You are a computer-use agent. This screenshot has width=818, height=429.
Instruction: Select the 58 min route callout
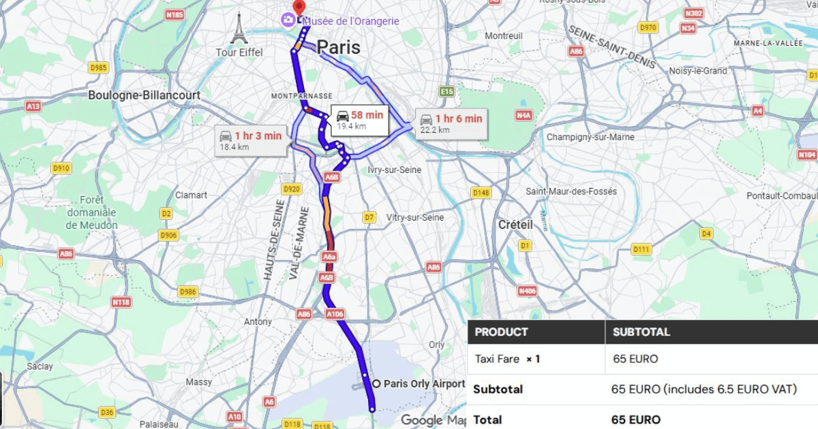click(360, 119)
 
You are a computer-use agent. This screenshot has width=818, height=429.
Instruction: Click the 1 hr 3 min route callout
click(250, 140)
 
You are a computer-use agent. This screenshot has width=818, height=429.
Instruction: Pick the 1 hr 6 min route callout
click(451, 123)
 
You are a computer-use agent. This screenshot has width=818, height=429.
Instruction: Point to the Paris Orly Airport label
click(423, 383)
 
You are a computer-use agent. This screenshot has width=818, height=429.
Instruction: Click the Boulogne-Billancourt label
click(144, 95)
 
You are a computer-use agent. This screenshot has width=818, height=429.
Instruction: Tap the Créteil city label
click(515, 224)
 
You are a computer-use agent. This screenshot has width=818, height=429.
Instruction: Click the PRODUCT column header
click(501, 332)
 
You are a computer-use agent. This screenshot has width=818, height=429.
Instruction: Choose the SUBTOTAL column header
click(641, 332)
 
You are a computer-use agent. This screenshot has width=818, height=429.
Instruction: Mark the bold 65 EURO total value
click(636, 419)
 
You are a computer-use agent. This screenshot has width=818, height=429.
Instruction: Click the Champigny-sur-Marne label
click(590, 137)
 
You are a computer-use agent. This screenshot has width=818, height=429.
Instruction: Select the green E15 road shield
click(446, 91)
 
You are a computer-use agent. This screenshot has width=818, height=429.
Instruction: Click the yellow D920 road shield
click(291, 189)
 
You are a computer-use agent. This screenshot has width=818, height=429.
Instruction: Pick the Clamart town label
click(191, 195)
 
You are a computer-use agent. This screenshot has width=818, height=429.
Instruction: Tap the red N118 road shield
click(121, 302)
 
